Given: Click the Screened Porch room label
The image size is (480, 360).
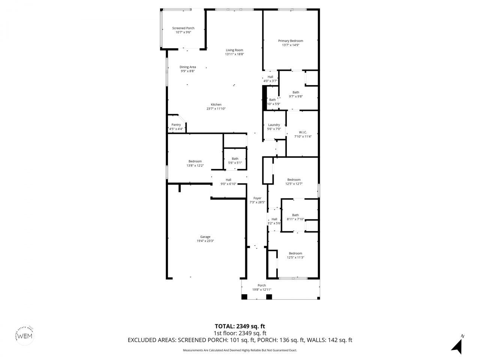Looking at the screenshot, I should [183, 28].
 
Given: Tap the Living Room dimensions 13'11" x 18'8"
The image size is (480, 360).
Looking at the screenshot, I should [234, 54].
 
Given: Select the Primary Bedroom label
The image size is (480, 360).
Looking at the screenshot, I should [290, 41].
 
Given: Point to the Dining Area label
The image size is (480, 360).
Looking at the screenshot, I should [187, 67].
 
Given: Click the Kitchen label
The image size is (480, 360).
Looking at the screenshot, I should [216, 105].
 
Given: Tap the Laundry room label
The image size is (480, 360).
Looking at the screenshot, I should [274, 125].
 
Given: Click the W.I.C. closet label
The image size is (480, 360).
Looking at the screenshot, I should [303, 132].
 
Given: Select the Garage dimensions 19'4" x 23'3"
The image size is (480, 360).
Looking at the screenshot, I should [205, 241].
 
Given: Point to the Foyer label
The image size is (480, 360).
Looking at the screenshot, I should [257, 198].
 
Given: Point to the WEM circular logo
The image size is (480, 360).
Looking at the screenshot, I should [25, 335].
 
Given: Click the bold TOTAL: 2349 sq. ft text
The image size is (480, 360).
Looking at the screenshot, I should [240, 326].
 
